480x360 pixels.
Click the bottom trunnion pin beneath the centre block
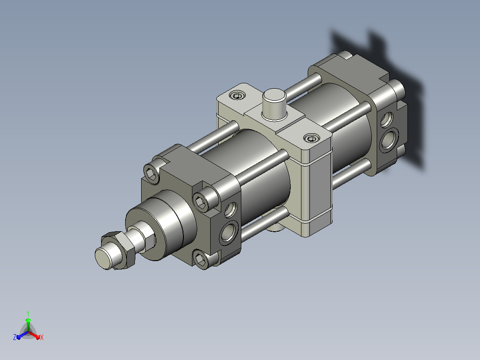point(274,227)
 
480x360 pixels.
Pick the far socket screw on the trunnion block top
point(238,96)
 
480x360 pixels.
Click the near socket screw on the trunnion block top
point(312,139)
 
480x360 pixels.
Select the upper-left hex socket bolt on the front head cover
point(152,174)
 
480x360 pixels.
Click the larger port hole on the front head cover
point(229,232)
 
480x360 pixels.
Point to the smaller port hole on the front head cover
point(231,210)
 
